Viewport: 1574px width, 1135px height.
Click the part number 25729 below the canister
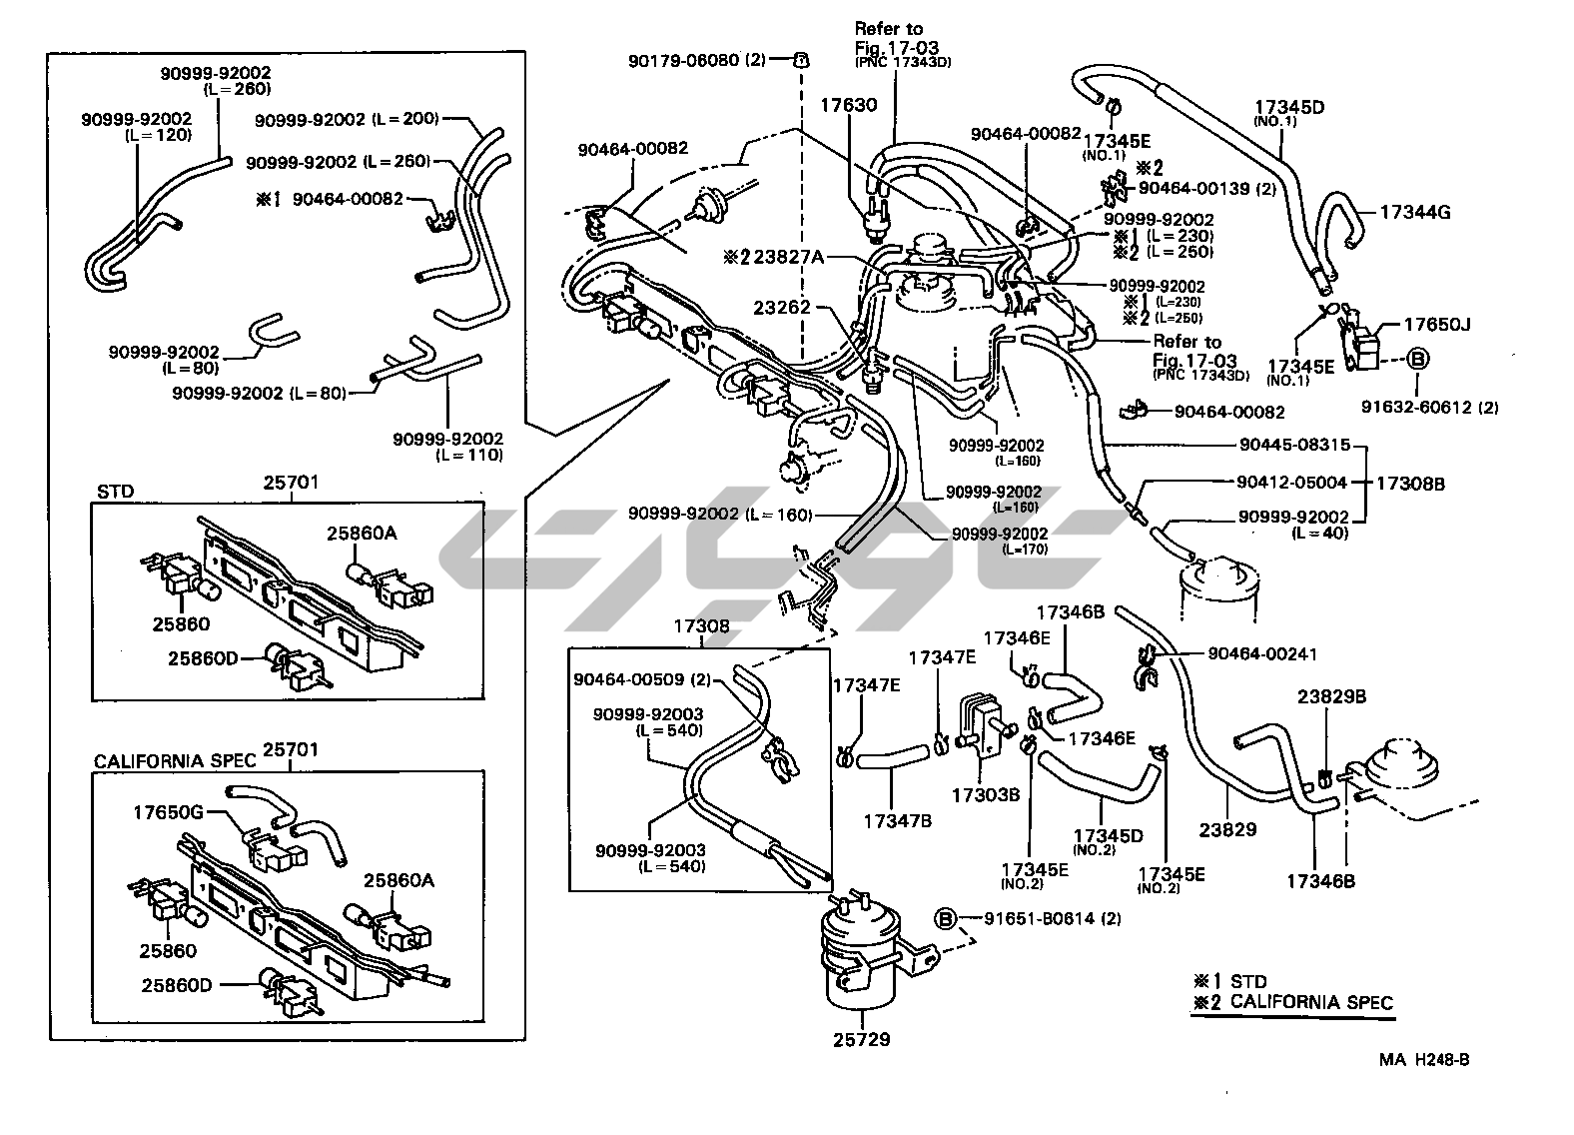click(861, 1039)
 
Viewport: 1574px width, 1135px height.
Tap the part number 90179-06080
click(684, 60)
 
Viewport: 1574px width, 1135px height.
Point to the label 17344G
click(1415, 212)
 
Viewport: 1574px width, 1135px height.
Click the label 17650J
click(1437, 325)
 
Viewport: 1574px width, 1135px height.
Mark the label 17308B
click(1410, 484)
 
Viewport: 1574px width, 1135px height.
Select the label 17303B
click(986, 795)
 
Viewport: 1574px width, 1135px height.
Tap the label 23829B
click(1331, 696)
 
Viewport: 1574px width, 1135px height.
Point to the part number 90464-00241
click(1262, 653)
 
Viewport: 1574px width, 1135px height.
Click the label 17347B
click(899, 820)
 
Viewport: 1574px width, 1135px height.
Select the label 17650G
click(168, 812)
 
